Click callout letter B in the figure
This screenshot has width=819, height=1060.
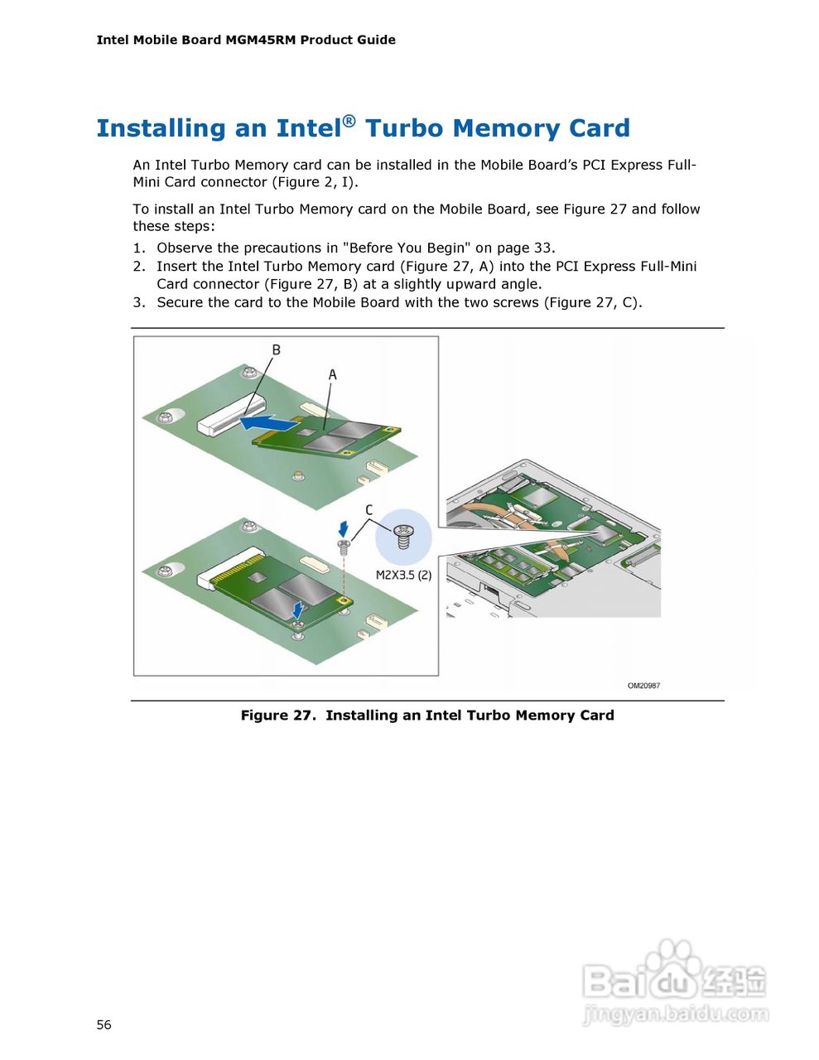pos(276,349)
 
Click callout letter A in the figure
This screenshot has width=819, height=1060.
pos(332,375)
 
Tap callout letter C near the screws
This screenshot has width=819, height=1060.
pos(369,510)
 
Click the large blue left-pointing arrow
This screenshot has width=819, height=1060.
pos(266,424)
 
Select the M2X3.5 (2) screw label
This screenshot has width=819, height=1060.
pos(403,575)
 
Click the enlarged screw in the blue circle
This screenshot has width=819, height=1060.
pos(404,536)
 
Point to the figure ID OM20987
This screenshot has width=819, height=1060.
pos(643,686)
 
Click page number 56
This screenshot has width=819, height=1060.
pos(104,1025)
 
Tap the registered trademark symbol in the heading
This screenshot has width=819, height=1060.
pos(349,121)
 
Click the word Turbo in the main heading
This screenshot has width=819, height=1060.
pos(404,128)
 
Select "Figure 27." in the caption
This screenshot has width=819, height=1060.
pos(278,715)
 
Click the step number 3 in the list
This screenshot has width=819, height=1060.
pos(138,303)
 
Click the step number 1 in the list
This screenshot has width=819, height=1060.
pos(138,248)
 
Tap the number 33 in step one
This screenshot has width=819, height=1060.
pos(543,248)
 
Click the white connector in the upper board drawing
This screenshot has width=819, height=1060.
pos(231,417)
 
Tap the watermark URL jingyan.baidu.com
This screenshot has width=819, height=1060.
pos(675,1014)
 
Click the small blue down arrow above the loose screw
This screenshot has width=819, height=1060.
pos(344,528)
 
